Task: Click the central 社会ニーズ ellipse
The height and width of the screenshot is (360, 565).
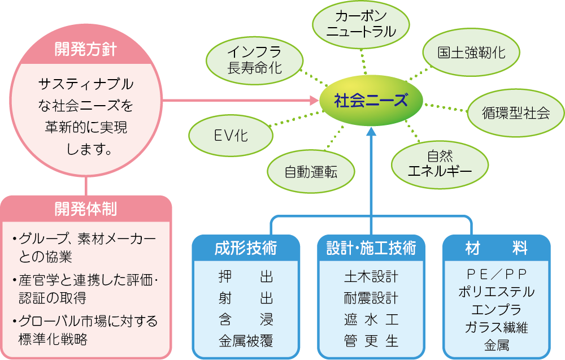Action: click(x=371, y=100)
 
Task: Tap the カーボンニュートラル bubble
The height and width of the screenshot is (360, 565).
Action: click(x=360, y=24)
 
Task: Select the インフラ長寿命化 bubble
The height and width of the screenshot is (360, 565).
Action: click(x=254, y=60)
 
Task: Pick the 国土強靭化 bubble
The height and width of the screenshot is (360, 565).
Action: click(x=471, y=53)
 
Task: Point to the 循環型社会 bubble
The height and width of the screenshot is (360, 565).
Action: click(x=516, y=113)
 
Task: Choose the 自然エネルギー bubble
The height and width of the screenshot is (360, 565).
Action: click(x=440, y=164)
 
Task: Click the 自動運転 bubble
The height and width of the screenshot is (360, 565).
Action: click(x=311, y=172)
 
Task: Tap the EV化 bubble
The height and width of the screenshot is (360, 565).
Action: click(x=231, y=136)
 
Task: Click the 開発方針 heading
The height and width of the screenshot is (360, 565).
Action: click(x=86, y=49)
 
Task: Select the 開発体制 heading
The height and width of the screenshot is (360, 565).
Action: click(x=86, y=209)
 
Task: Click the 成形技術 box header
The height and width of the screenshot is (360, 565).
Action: click(x=246, y=248)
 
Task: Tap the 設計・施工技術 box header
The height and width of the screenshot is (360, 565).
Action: click(x=371, y=248)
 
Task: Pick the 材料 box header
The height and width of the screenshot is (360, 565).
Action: click(x=497, y=248)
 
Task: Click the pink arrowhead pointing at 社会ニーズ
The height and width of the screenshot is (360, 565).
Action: click(x=315, y=100)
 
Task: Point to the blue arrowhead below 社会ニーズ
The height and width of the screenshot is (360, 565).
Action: click(x=371, y=131)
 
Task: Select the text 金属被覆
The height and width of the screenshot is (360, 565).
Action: click(x=246, y=341)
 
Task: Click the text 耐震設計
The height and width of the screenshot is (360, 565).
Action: click(x=371, y=298)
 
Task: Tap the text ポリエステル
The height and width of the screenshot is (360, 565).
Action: click(x=497, y=292)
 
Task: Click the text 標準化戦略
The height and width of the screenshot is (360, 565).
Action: click(x=53, y=339)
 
